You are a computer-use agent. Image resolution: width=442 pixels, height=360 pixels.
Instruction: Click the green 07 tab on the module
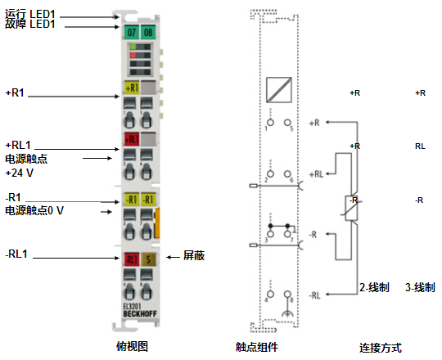tap(132, 32)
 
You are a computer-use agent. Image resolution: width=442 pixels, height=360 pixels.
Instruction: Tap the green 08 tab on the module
tap(147, 32)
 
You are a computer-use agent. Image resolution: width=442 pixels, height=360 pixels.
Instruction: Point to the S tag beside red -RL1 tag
tap(147, 259)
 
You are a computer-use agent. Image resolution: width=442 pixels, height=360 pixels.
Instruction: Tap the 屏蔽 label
tap(193, 256)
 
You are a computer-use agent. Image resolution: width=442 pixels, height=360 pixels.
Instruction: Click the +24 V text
tap(20, 173)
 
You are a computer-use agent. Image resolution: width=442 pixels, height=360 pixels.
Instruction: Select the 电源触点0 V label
tap(34, 210)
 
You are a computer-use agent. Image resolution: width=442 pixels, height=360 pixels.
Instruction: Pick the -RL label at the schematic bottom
tap(316, 294)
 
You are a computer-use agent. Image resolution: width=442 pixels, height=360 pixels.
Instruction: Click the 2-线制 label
tap(374, 288)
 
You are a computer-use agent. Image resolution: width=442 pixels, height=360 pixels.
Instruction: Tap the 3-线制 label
tap(420, 288)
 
